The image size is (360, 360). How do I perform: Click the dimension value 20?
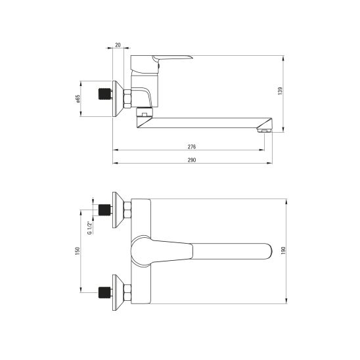click(x=118, y=45)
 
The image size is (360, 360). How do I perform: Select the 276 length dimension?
click(x=192, y=147)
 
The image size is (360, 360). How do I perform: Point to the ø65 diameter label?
click(x=78, y=99)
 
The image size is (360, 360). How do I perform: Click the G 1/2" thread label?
click(x=89, y=228)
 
